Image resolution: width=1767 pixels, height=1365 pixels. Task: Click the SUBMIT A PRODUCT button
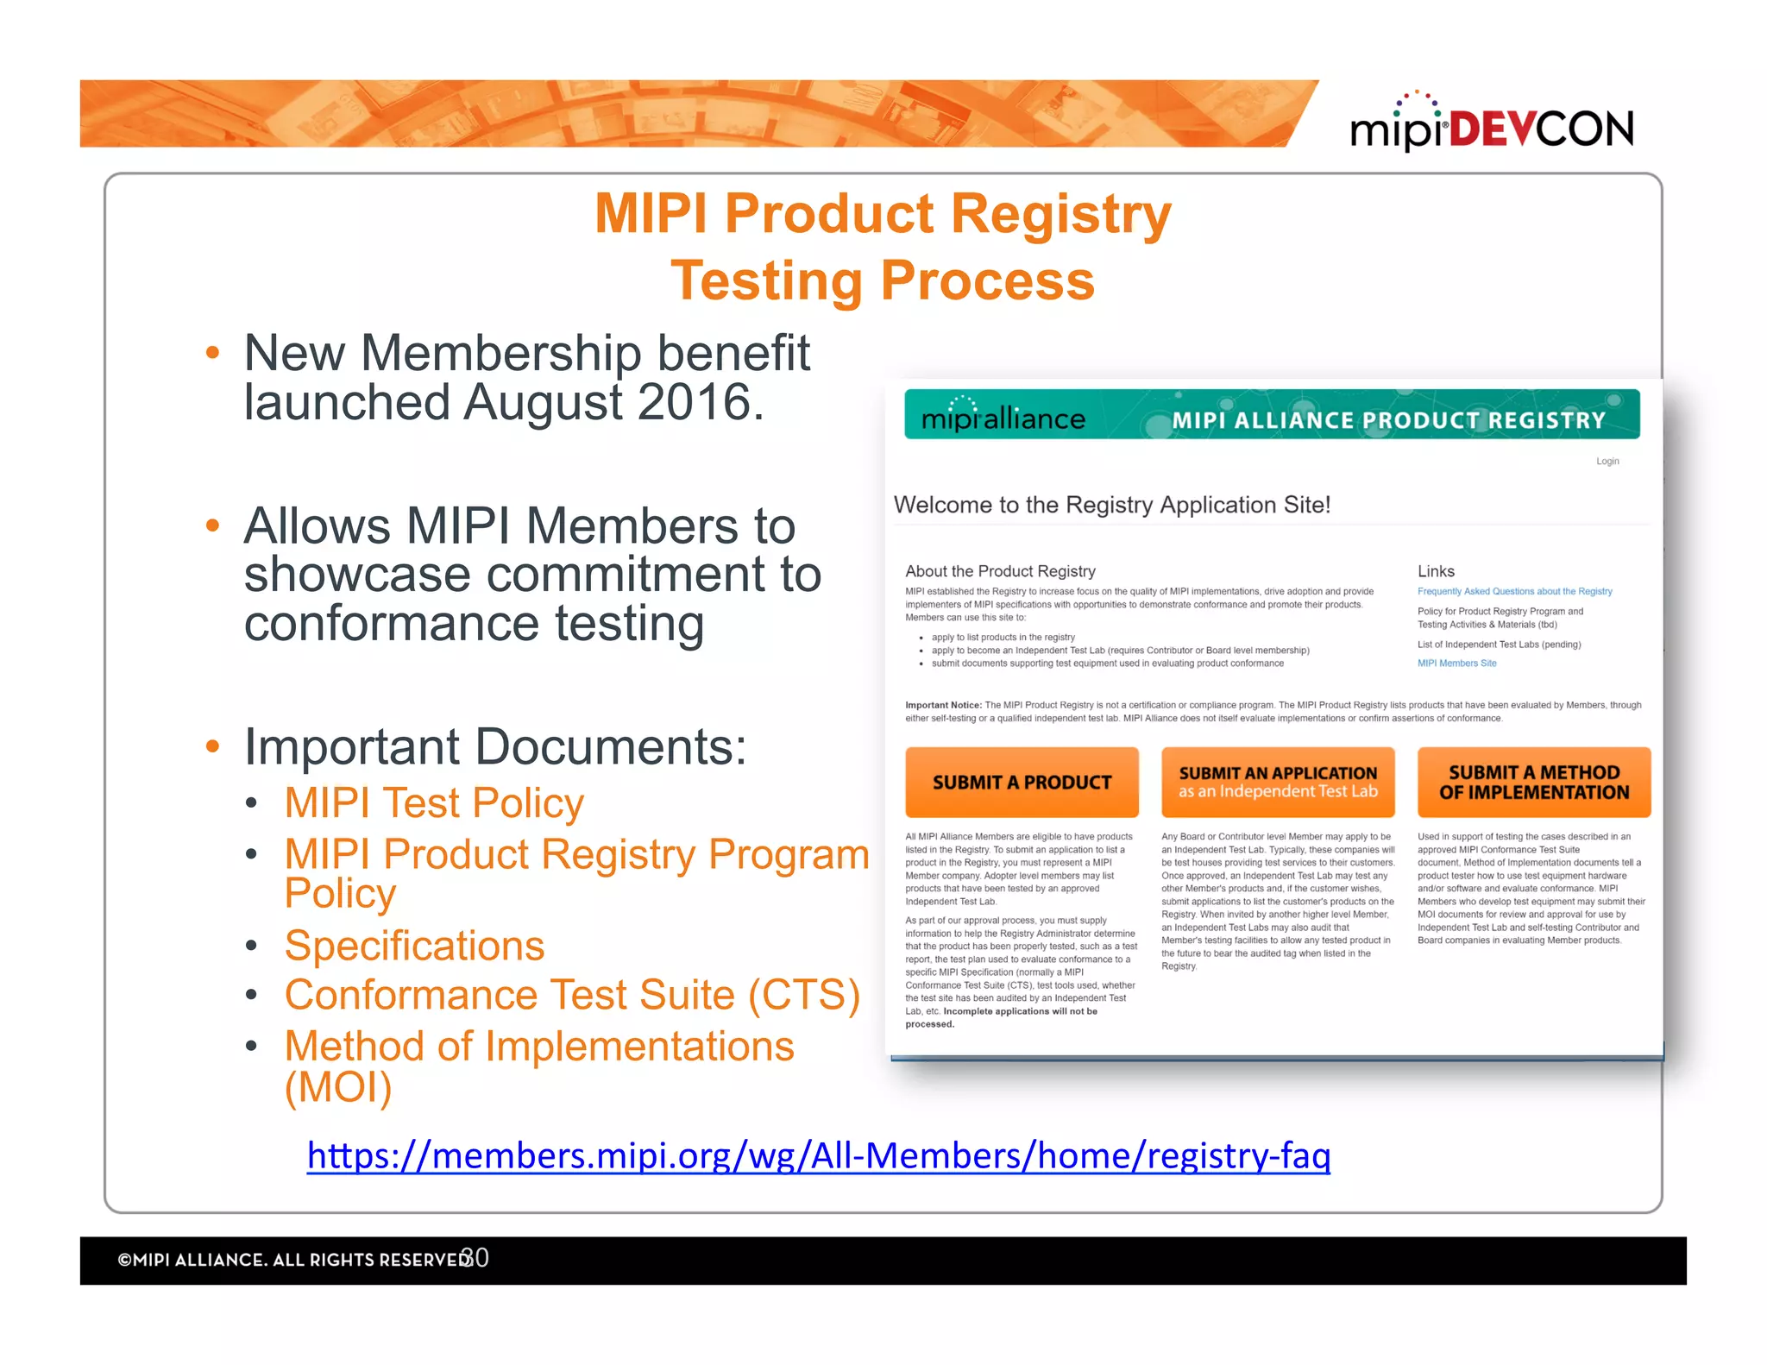click(1022, 782)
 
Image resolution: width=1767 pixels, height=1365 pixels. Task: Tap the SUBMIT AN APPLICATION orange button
click(1278, 782)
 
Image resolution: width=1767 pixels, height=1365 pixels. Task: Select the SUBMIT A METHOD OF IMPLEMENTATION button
click(1533, 782)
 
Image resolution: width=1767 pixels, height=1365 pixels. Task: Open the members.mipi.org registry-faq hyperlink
click(818, 1155)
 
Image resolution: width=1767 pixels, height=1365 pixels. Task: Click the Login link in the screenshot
click(1607, 462)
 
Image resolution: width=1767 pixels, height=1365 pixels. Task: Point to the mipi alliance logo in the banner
click(1003, 417)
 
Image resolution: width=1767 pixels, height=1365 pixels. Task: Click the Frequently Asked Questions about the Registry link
click(1514, 591)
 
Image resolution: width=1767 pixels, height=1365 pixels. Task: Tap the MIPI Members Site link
click(1456, 664)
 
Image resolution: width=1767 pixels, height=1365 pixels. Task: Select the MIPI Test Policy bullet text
click(434, 803)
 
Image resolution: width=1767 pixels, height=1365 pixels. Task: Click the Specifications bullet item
click(414, 946)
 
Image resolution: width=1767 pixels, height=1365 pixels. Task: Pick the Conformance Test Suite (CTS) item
click(572, 995)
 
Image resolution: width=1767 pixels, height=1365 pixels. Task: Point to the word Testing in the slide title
click(766, 281)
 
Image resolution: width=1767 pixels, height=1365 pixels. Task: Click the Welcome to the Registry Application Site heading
click(1111, 505)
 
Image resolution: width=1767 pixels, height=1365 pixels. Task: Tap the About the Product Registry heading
click(1000, 571)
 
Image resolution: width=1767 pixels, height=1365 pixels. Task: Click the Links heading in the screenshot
click(1436, 571)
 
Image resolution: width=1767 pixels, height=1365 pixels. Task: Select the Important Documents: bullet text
click(494, 747)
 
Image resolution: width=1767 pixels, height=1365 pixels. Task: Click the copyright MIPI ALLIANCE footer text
click(293, 1260)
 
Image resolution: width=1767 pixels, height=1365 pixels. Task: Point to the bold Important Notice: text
click(942, 705)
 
